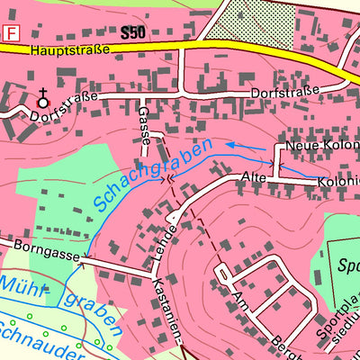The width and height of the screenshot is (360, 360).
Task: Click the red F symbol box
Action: tap(12, 33)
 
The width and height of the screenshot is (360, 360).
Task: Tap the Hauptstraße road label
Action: tap(69, 51)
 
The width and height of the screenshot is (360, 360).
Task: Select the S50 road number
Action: tap(132, 33)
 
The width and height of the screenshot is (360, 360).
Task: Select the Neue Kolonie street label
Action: tap(320, 146)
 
